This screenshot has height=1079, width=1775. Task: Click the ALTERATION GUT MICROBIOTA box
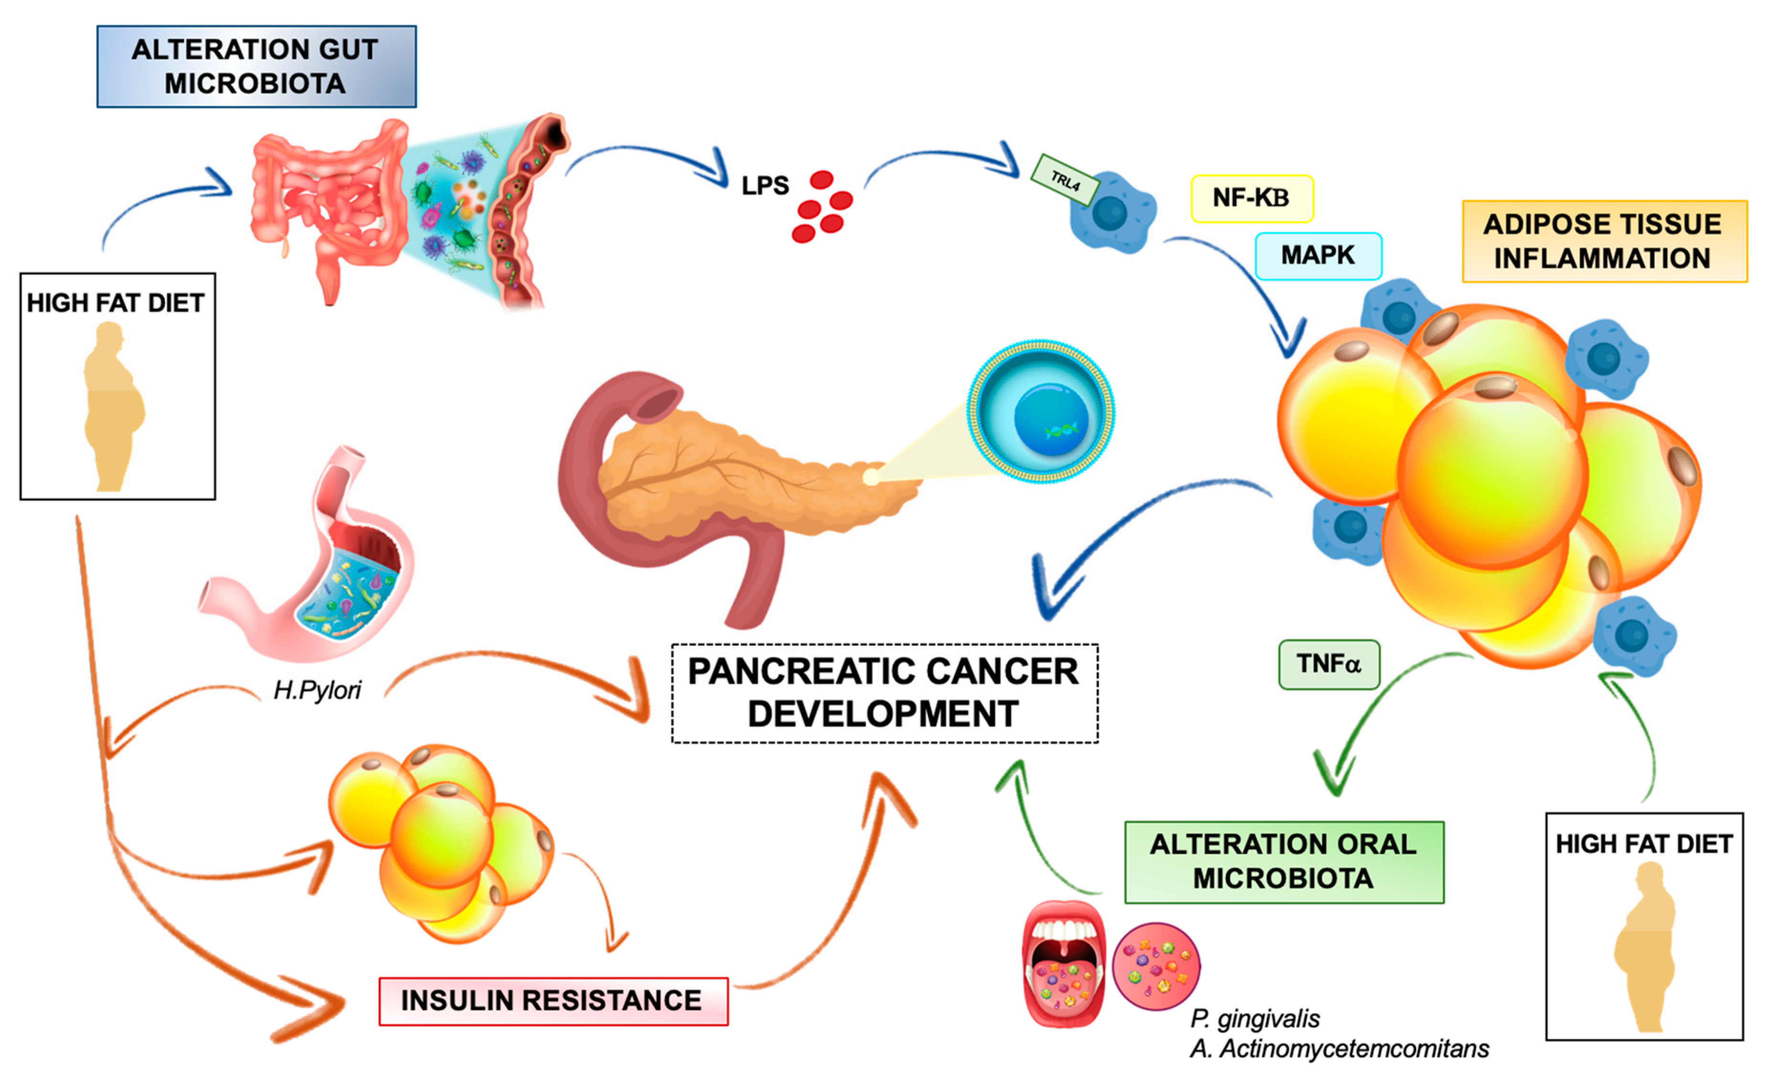pos(256,66)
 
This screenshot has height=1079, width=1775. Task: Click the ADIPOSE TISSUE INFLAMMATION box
pos(1604,241)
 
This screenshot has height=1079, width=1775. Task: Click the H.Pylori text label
pos(317,690)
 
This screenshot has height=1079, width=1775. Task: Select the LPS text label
pos(765,186)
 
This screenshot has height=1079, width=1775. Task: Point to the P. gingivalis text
pos(1255,1018)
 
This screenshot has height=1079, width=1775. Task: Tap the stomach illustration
pos(317,569)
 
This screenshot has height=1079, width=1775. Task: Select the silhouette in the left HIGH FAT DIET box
pos(113,407)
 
